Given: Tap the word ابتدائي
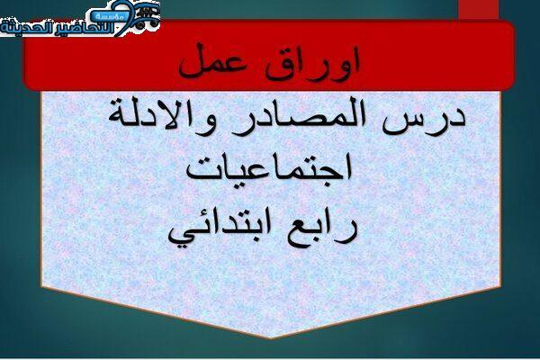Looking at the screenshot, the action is coord(220,230).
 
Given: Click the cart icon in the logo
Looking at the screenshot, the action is coord(146,15).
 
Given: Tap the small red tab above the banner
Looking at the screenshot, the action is coord(479,10).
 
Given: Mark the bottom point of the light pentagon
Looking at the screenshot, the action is coord(271,338).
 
